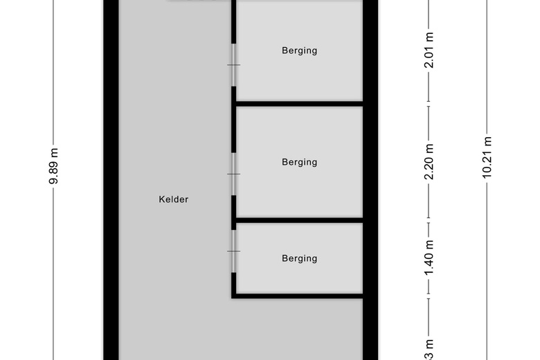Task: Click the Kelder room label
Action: pos(173,199)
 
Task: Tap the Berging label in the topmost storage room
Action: pos(299,51)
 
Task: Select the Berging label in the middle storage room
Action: pos(299,162)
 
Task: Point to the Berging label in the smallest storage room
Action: pos(299,258)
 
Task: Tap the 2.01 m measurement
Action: pos(429,51)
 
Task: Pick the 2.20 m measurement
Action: pos(429,161)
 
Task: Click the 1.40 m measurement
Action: pos(429,258)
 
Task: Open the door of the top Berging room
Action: pos(234,65)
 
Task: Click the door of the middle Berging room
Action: pos(234,174)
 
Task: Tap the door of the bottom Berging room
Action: pos(234,251)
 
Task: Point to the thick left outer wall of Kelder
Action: pos(111,180)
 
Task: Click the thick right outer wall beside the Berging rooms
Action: pos(370,180)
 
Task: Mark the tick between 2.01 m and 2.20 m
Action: pos(429,106)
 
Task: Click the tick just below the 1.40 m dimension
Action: pos(429,298)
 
